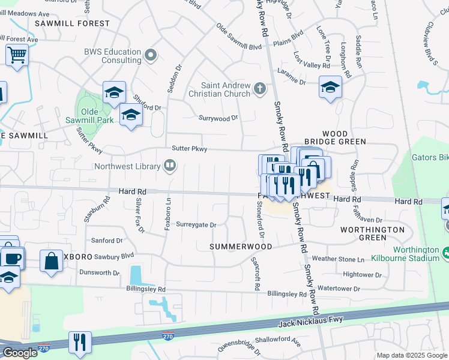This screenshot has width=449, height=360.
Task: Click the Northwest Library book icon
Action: (x=170, y=166)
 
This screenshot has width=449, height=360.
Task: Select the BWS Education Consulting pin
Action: (x=151, y=56)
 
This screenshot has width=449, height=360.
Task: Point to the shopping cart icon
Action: (x=17, y=55)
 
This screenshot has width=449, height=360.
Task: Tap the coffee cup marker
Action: (x=11, y=258)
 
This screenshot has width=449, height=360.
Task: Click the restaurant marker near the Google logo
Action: (x=80, y=342)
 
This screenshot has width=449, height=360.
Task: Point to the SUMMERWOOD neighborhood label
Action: (x=241, y=247)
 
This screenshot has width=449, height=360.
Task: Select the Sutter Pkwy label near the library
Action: (x=189, y=148)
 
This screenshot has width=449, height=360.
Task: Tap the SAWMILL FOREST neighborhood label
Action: (x=72, y=23)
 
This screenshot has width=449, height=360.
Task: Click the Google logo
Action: (x=20, y=353)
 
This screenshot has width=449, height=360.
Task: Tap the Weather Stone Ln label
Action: (x=337, y=259)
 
